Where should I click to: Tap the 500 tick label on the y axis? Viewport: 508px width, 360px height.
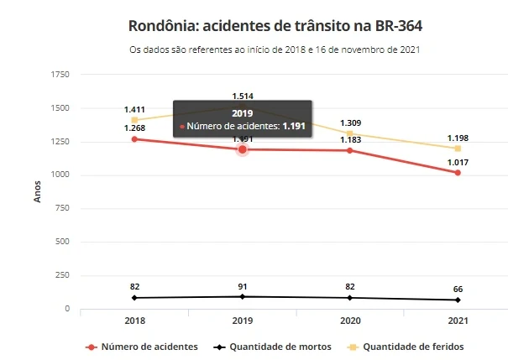click(x=63, y=243)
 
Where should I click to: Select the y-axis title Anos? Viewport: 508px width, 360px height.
click(x=36, y=192)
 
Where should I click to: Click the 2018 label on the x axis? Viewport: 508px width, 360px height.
click(x=134, y=321)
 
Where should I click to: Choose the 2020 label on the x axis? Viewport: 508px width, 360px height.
click(x=349, y=321)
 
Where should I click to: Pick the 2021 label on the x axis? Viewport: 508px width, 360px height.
click(x=458, y=321)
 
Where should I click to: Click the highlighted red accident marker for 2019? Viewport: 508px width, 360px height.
click(x=243, y=149)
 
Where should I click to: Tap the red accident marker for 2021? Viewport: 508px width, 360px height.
click(x=458, y=173)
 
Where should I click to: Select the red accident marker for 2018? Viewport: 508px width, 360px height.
click(x=134, y=138)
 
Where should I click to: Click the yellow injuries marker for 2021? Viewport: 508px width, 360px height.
click(x=458, y=149)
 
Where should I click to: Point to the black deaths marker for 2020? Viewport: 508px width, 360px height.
click(x=350, y=298)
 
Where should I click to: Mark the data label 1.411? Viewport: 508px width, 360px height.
click(x=134, y=110)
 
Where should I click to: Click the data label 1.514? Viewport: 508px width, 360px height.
click(x=243, y=96)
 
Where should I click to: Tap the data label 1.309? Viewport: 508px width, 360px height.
click(x=350, y=123)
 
